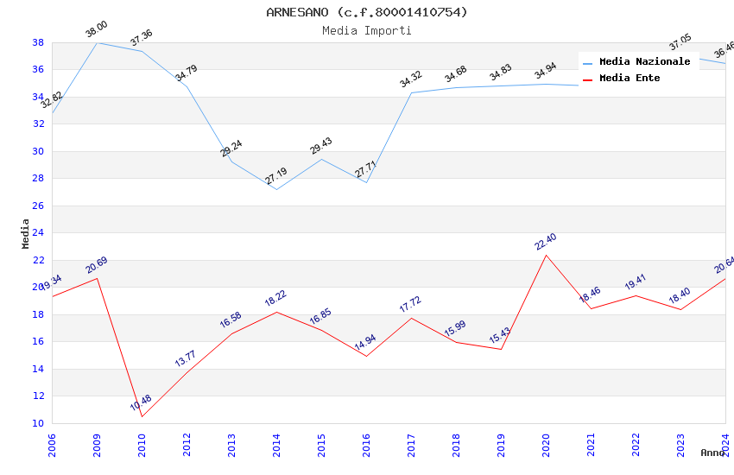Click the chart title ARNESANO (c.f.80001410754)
tap(367, 12)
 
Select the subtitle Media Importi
tap(367, 30)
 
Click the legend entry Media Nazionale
tap(644, 61)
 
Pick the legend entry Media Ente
tap(630, 78)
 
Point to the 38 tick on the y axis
tap(38, 42)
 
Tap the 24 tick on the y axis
tap(38, 233)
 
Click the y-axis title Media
tap(26, 233)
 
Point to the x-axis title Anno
tap(712, 453)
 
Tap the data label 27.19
tap(275, 177)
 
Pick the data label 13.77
tap(186, 359)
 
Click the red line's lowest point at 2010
tap(142, 417)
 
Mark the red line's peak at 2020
tap(546, 255)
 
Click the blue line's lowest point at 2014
tap(276, 189)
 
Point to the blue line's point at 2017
tap(411, 92)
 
